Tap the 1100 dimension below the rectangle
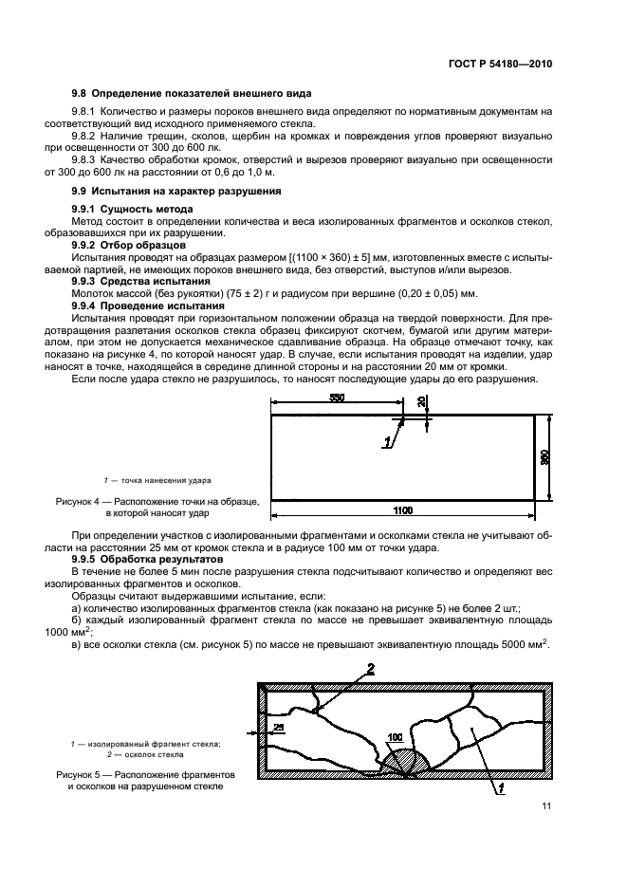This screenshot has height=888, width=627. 402,511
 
